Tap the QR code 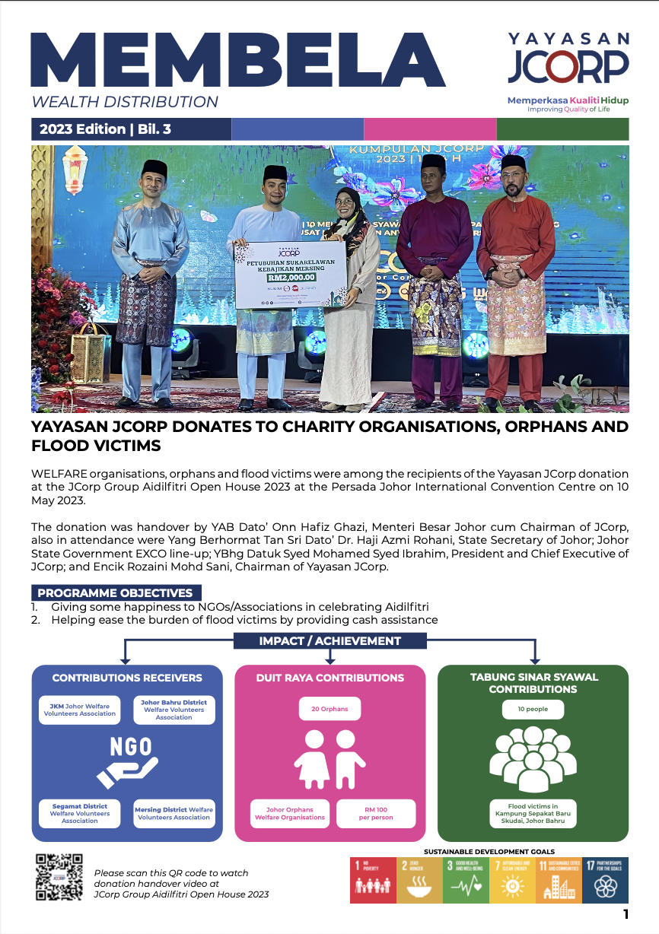point(59,877)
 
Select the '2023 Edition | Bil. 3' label point(106,129)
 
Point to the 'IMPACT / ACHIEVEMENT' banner point(329,640)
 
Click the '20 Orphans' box point(329,709)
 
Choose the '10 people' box point(533,709)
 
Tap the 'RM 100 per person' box point(375,813)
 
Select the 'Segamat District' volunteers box point(80,813)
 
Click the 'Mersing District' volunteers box point(174,813)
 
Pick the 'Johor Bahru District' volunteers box point(174,709)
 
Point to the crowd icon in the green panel point(533,761)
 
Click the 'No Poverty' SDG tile point(372,879)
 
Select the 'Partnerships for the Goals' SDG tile point(606,879)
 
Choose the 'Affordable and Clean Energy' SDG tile point(512,879)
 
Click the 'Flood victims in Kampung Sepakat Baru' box point(533,813)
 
